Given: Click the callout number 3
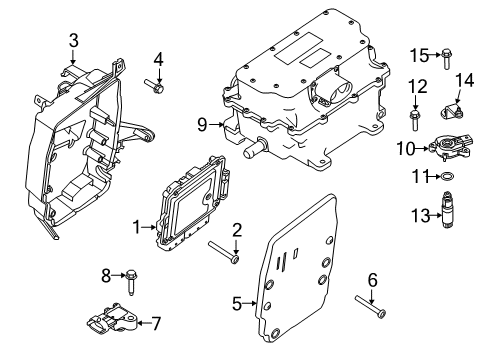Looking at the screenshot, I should (74, 40).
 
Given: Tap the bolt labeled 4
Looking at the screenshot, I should (158, 89).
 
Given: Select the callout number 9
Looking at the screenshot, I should (202, 124).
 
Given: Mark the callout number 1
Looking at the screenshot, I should (137, 227).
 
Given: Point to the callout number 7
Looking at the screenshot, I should (156, 323).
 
